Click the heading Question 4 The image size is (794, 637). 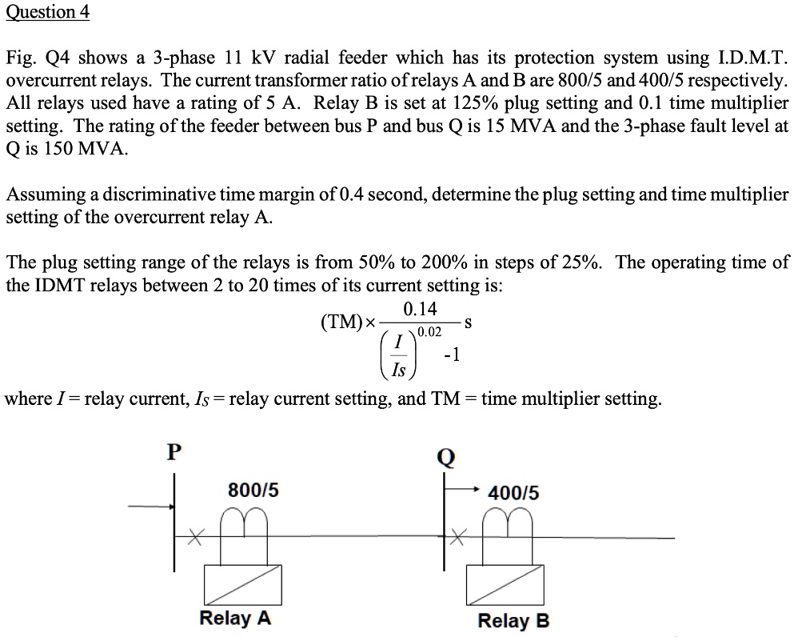(x=47, y=12)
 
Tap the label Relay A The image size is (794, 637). (x=235, y=618)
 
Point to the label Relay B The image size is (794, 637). (x=513, y=620)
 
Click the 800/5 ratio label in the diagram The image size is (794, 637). (x=253, y=490)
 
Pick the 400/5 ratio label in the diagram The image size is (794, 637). (x=513, y=493)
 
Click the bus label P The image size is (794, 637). (x=174, y=451)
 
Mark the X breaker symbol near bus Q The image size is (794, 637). (x=457, y=539)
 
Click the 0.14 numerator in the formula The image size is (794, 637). (x=421, y=309)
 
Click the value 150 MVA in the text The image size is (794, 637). (x=73, y=149)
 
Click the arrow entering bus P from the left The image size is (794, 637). (x=152, y=506)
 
